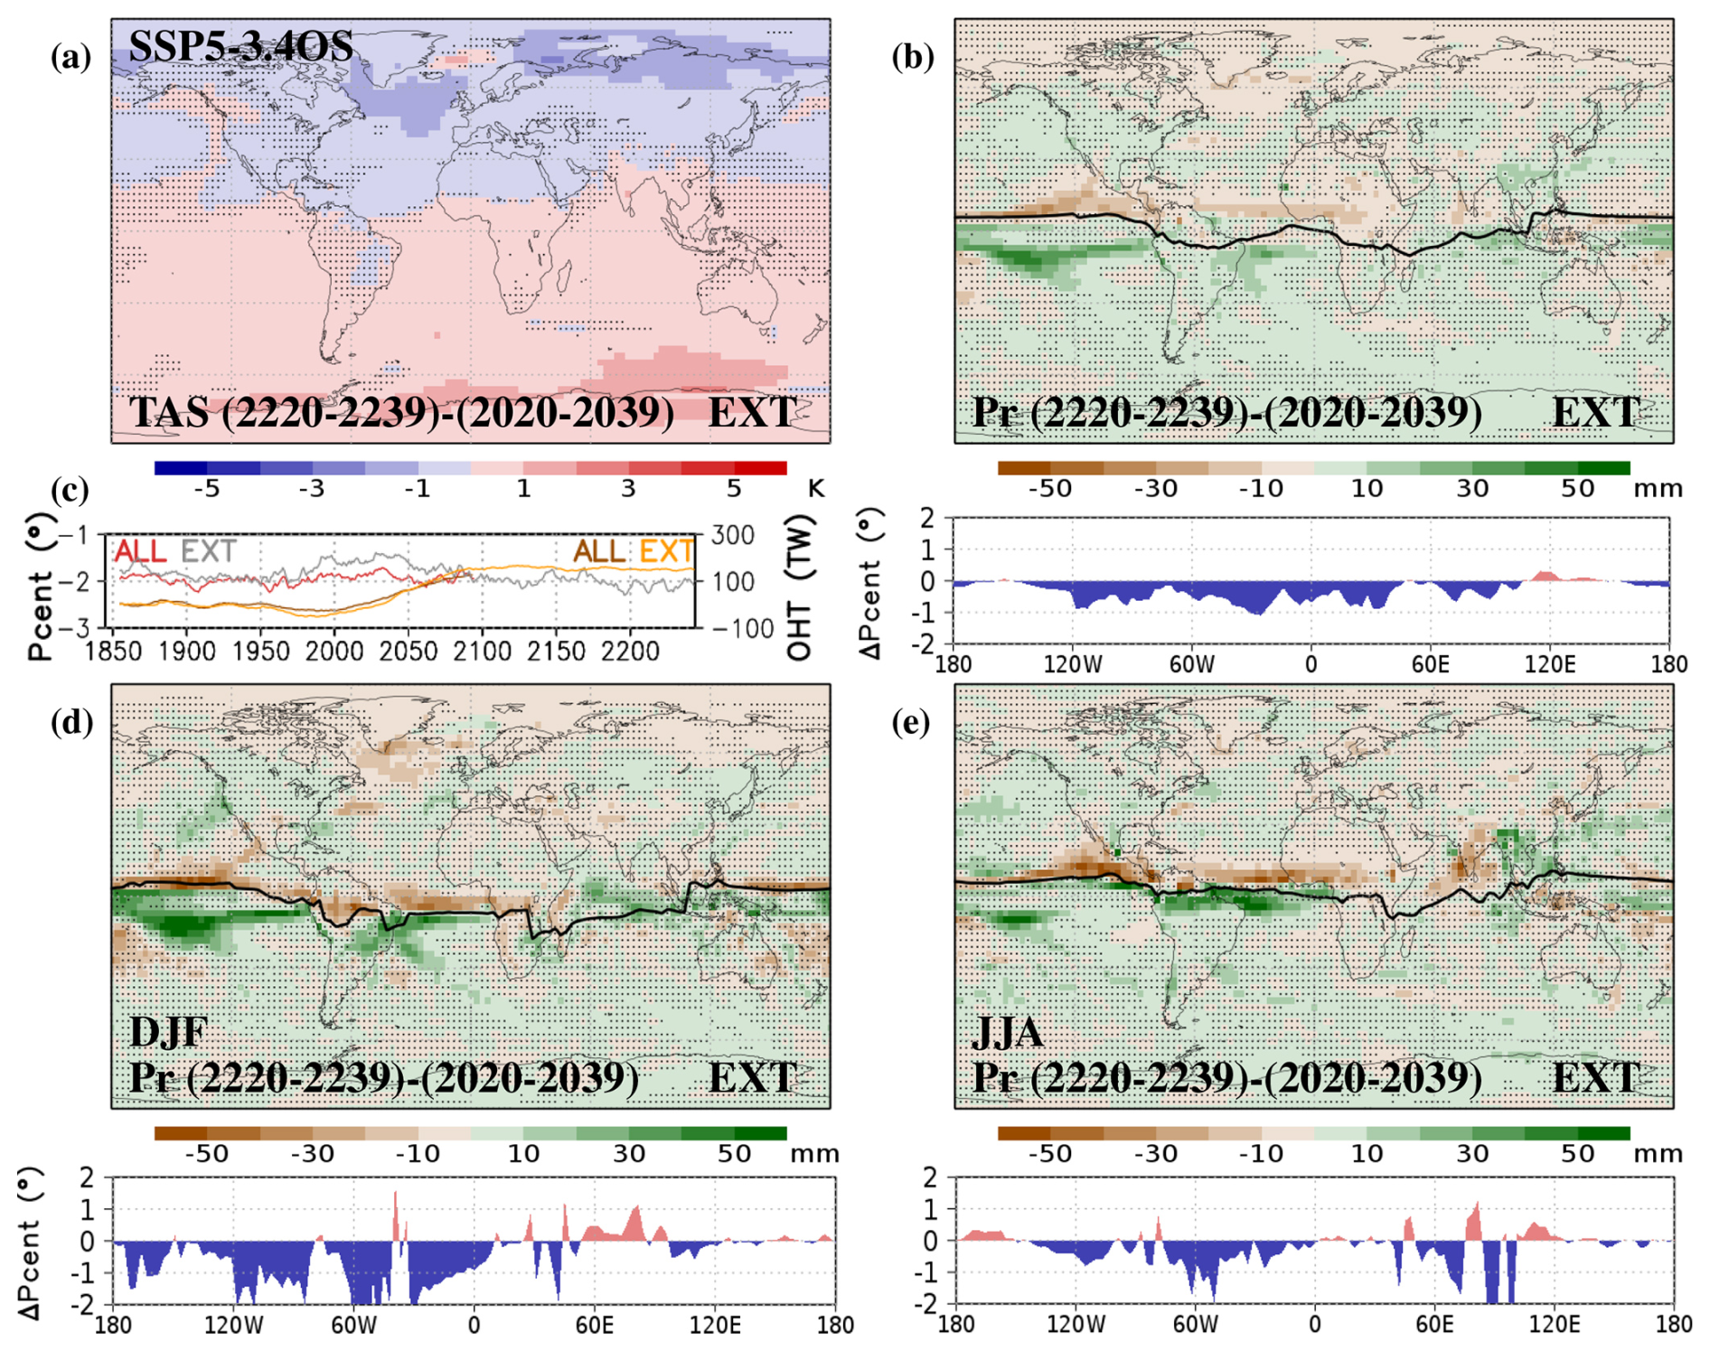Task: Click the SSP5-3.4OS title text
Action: pyautogui.click(x=240, y=46)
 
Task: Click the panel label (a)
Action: pyautogui.click(x=71, y=57)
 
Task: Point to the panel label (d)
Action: pyautogui.click(x=71, y=722)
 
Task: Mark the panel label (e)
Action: pyautogui.click(x=912, y=722)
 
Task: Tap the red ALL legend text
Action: pyautogui.click(x=140, y=551)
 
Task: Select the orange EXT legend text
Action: pyautogui.click(x=666, y=551)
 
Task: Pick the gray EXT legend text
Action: pyautogui.click(x=209, y=551)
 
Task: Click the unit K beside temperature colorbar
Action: pyautogui.click(x=815, y=489)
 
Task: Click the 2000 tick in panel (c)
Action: pyautogui.click(x=334, y=652)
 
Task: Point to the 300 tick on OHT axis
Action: pyautogui.click(x=733, y=535)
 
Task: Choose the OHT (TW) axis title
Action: pyautogui.click(x=801, y=587)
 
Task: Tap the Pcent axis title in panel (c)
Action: pyautogui.click(x=41, y=587)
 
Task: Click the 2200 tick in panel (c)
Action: pyautogui.click(x=629, y=652)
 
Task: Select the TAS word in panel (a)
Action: pyautogui.click(x=168, y=412)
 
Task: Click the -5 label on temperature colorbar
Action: pyautogui.click(x=207, y=489)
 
